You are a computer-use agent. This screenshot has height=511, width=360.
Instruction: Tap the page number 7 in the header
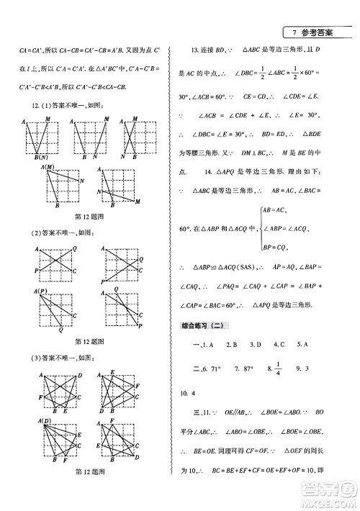[x=294, y=33]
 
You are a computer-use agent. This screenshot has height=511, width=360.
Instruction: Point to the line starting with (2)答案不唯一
[x=60, y=232]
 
